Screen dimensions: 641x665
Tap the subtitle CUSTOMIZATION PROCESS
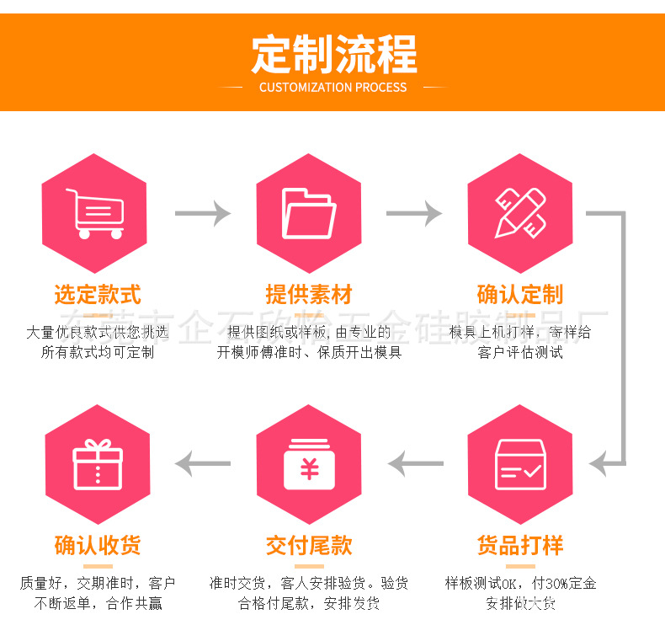click(332, 88)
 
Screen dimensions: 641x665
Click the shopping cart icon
click(94, 213)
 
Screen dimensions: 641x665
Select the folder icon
click(309, 213)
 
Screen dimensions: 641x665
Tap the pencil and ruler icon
click(520, 213)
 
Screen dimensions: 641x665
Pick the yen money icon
click(309, 465)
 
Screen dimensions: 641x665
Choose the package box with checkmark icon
click(520, 465)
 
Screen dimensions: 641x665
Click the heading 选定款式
click(98, 295)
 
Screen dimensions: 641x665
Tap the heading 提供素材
click(309, 295)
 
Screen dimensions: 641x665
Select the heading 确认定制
click(520, 295)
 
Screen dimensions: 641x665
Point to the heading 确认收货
click(98, 545)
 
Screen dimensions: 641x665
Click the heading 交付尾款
click(309, 545)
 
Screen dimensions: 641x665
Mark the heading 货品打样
click(520, 545)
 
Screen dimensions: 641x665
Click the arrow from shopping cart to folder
click(202, 213)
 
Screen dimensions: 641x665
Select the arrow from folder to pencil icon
click(414, 213)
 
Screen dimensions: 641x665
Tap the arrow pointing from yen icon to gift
click(202, 463)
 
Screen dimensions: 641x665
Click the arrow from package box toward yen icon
click(414, 463)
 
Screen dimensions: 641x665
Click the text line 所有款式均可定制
click(98, 353)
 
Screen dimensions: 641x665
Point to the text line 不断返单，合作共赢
click(98, 603)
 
